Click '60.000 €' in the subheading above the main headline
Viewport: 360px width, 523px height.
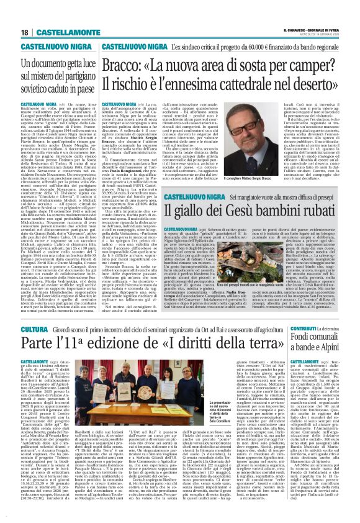246,47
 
